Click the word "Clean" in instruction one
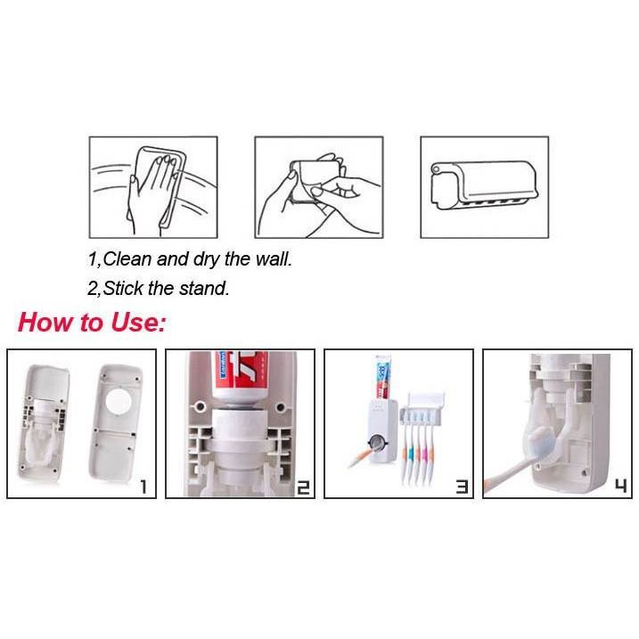(127, 259)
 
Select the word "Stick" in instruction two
(123, 288)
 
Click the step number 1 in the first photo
(143, 487)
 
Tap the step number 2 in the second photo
(303, 487)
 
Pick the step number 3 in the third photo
(462, 487)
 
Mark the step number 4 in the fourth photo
(620, 487)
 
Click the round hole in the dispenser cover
(119, 401)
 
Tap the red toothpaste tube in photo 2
(242, 377)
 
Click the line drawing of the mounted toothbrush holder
(485, 185)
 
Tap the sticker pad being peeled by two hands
(315, 181)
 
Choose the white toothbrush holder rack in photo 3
(422, 408)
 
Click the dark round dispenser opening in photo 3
(377, 442)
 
